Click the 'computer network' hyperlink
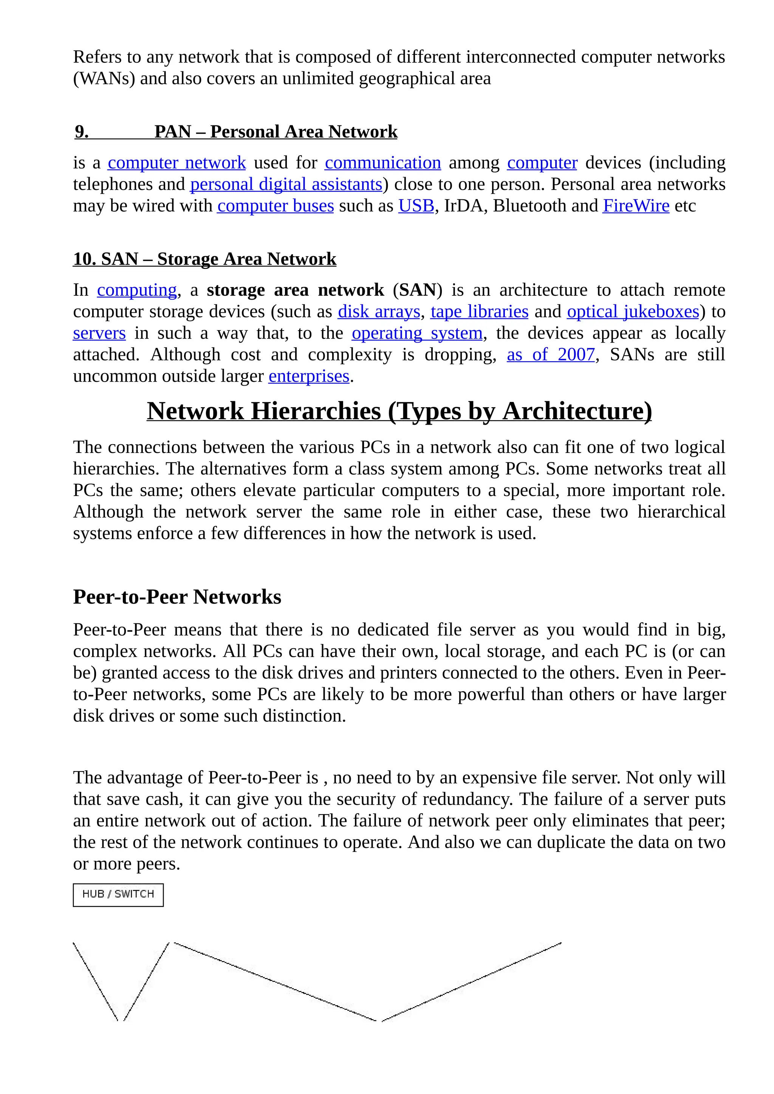point(176,163)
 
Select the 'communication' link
point(383,163)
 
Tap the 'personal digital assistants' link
point(286,184)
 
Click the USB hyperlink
point(416,206)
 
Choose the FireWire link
point(636,206)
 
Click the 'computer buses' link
point(276,206)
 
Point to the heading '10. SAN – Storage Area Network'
point(204,259)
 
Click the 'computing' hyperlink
point(137,290)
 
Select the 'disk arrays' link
point(379,312)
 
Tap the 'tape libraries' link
point(480,312)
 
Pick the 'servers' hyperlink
point(99,333)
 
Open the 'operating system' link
point(417,333)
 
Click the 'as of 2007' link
point(551,354)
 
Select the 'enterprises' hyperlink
point(309,376)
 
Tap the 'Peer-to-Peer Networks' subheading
point(177,596)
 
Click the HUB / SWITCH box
point(118,895)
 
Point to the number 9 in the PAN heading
point(82,132)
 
